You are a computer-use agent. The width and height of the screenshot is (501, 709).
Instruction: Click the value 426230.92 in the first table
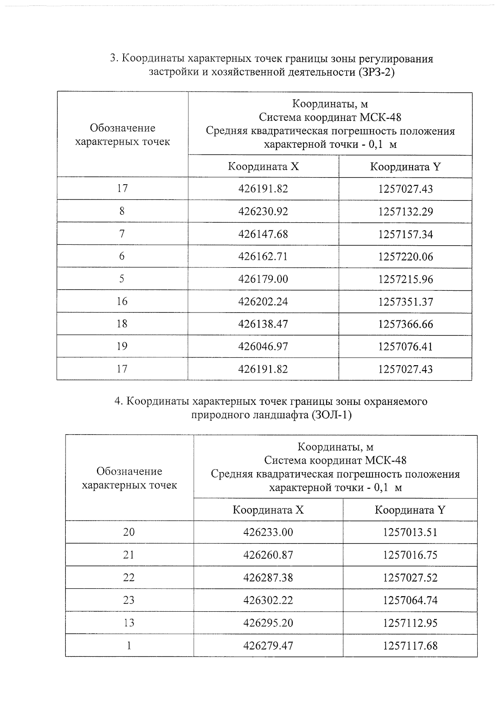point(263,211)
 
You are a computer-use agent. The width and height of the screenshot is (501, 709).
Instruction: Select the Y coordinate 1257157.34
point(405,234)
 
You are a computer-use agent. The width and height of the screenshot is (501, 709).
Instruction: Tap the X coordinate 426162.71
point(263,257)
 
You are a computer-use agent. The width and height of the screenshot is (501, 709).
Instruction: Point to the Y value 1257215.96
point(405,279)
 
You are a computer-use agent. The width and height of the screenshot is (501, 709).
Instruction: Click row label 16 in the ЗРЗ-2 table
point(122,301)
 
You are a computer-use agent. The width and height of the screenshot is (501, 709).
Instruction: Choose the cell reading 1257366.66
point(405,324)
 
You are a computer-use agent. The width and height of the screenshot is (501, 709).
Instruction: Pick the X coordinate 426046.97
point(263,346)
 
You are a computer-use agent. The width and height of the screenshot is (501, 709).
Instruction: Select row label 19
point(122,346)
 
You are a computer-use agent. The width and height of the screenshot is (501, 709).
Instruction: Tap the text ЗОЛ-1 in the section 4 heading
point(331,415)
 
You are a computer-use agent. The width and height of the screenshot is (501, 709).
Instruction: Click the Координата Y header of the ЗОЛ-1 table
point(410,510)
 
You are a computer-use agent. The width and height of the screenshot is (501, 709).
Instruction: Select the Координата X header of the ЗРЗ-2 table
point(263,167)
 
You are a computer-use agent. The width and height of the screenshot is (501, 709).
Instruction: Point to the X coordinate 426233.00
point(268,532)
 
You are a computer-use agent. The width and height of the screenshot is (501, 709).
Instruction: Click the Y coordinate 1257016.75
point(410,555)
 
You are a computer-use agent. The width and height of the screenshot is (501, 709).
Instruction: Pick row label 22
point(129,577)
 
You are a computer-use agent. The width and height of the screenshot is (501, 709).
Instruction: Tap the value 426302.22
point(268,600)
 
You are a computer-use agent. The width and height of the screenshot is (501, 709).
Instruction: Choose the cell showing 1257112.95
point(410,623)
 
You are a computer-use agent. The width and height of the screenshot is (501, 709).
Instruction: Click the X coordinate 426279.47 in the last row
point(268,645)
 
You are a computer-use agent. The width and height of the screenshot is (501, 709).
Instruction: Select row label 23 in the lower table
point(129,600)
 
